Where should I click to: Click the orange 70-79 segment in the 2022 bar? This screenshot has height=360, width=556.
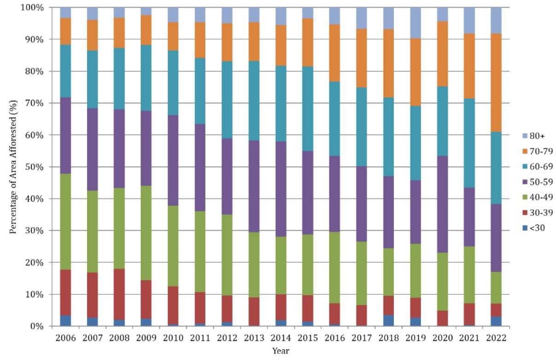click(496, 83)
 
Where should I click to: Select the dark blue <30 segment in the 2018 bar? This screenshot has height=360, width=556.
click(388, 320)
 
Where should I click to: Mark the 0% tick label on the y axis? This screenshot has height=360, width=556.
click(37, 326)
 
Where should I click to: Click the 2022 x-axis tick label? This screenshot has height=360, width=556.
click(496, 338)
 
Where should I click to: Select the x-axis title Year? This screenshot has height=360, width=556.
click(281, 351)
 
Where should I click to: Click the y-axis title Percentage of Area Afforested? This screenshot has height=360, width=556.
click(14, 167)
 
